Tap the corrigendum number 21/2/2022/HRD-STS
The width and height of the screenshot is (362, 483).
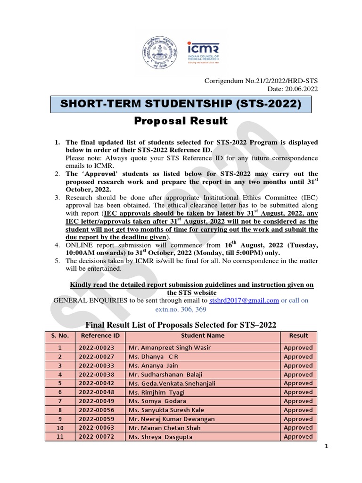261,81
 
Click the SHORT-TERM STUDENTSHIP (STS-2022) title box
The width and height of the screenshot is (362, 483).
181,103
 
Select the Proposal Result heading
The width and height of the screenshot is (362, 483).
181,121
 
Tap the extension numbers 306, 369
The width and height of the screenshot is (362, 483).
181,309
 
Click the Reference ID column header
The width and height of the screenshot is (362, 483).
99,336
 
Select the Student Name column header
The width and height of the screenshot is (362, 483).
202,336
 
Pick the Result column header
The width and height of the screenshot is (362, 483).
298,336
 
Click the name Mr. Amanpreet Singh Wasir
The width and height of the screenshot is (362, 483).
169,348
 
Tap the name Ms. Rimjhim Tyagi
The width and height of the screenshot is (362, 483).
156,392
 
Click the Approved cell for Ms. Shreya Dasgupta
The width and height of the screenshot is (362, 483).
298,437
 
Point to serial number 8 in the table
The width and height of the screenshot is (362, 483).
60,410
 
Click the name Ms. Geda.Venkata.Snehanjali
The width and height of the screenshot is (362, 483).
172,383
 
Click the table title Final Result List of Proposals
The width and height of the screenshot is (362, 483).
180,325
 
